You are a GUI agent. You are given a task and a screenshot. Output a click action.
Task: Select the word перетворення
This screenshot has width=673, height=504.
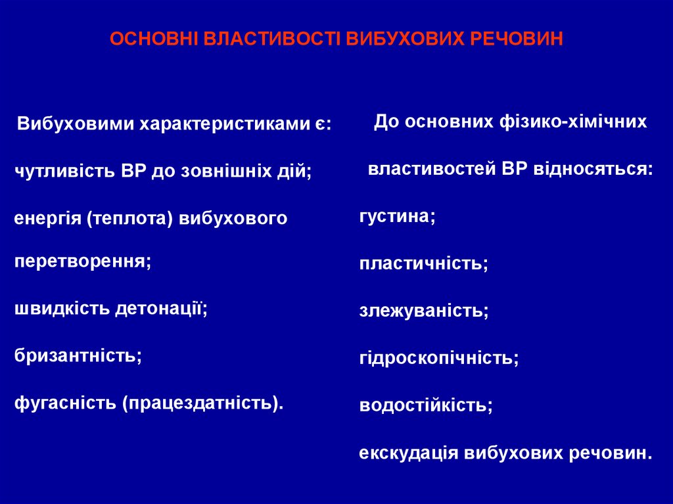point(83,261)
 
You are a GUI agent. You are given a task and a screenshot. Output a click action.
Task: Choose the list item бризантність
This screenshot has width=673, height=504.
point(78,355)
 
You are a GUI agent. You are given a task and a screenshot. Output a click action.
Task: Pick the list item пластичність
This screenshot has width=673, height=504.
point(423,263)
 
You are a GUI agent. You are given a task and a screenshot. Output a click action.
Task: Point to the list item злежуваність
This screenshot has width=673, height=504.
point(423,311)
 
